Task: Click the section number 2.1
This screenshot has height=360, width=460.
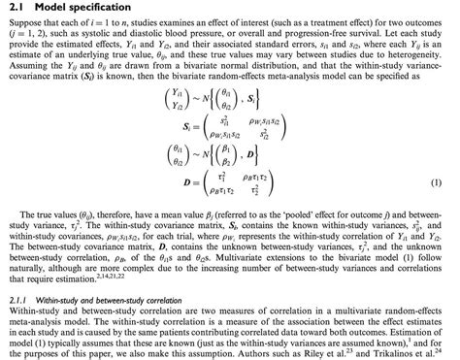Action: tap(16, 9)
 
